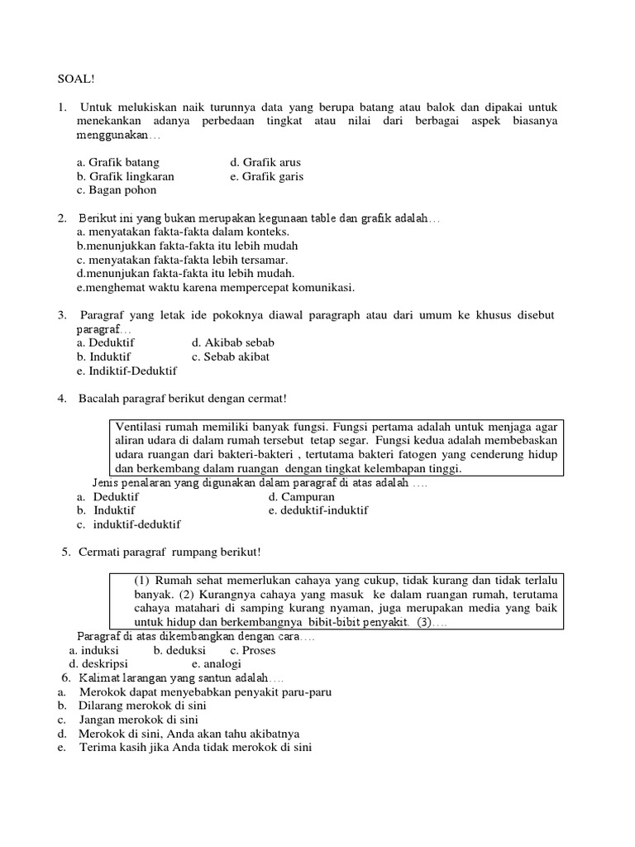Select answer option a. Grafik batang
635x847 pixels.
tap(117, 162)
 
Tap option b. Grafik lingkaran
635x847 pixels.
tap(125, 176)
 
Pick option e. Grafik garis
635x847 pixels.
tap(267, 176)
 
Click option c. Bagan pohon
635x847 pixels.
tap(117, 190)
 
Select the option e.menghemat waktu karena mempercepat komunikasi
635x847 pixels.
tap(215, 288)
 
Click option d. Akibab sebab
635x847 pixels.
tap(232, 342)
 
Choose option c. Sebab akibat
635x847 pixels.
tap(231, 357)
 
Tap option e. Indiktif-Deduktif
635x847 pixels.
tap(127, 371)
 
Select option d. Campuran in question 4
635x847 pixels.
tap(301, 497)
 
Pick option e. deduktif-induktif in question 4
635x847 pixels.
tap(318, 510)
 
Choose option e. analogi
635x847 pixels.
tap(216, 663)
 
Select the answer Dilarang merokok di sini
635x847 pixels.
tap(142, 706)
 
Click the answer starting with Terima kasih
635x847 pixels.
tap(194, 748)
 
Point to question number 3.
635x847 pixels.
tap(62, 316)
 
